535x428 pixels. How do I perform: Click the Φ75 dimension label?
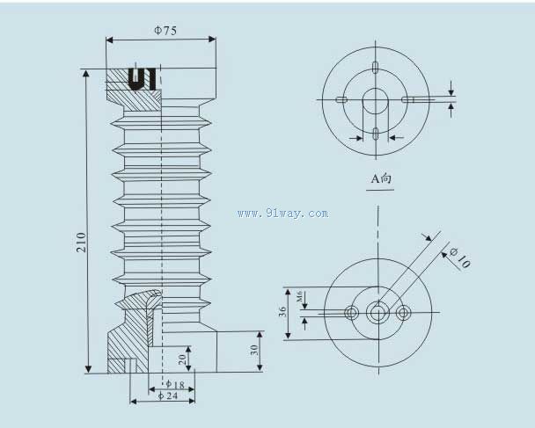[165, 31]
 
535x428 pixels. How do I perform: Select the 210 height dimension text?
[81, 242]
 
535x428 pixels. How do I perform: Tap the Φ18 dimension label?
[175, 385]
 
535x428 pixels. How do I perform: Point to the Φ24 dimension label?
[168, 395]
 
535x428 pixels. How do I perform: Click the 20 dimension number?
[182, 359]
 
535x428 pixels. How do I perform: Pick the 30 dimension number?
[254, 350]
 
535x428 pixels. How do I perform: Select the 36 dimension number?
[282, 311]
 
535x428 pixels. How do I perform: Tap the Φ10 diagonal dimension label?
[460, 258]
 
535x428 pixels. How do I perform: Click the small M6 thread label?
[299, 296]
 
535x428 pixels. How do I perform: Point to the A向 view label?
[381, 178]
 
